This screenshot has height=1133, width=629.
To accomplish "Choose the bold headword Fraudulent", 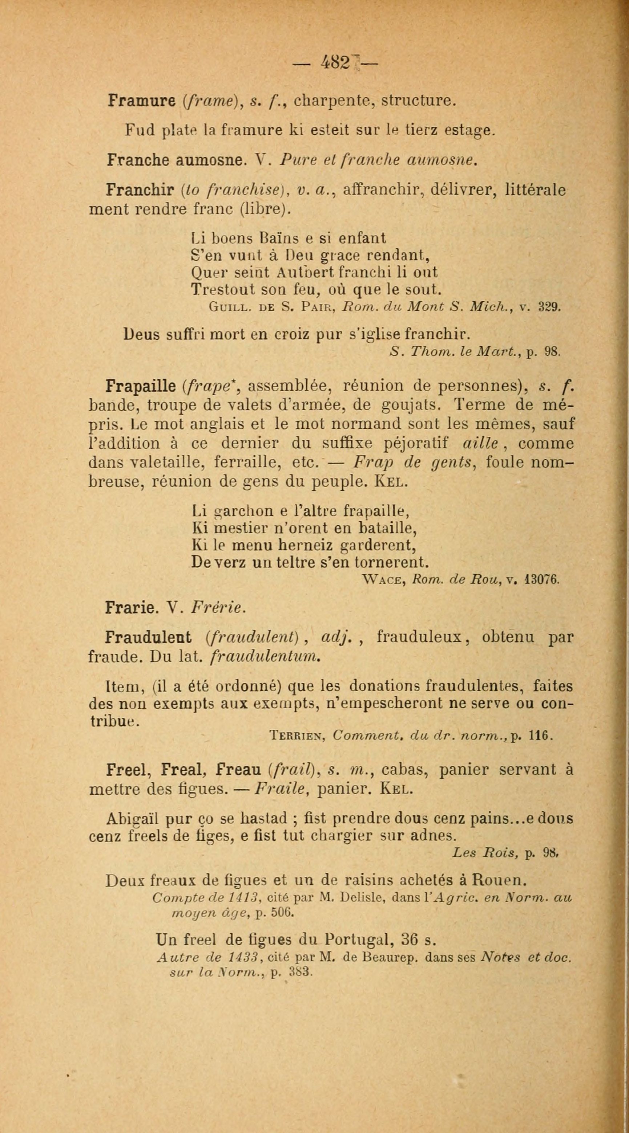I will (x=148, y=636).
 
